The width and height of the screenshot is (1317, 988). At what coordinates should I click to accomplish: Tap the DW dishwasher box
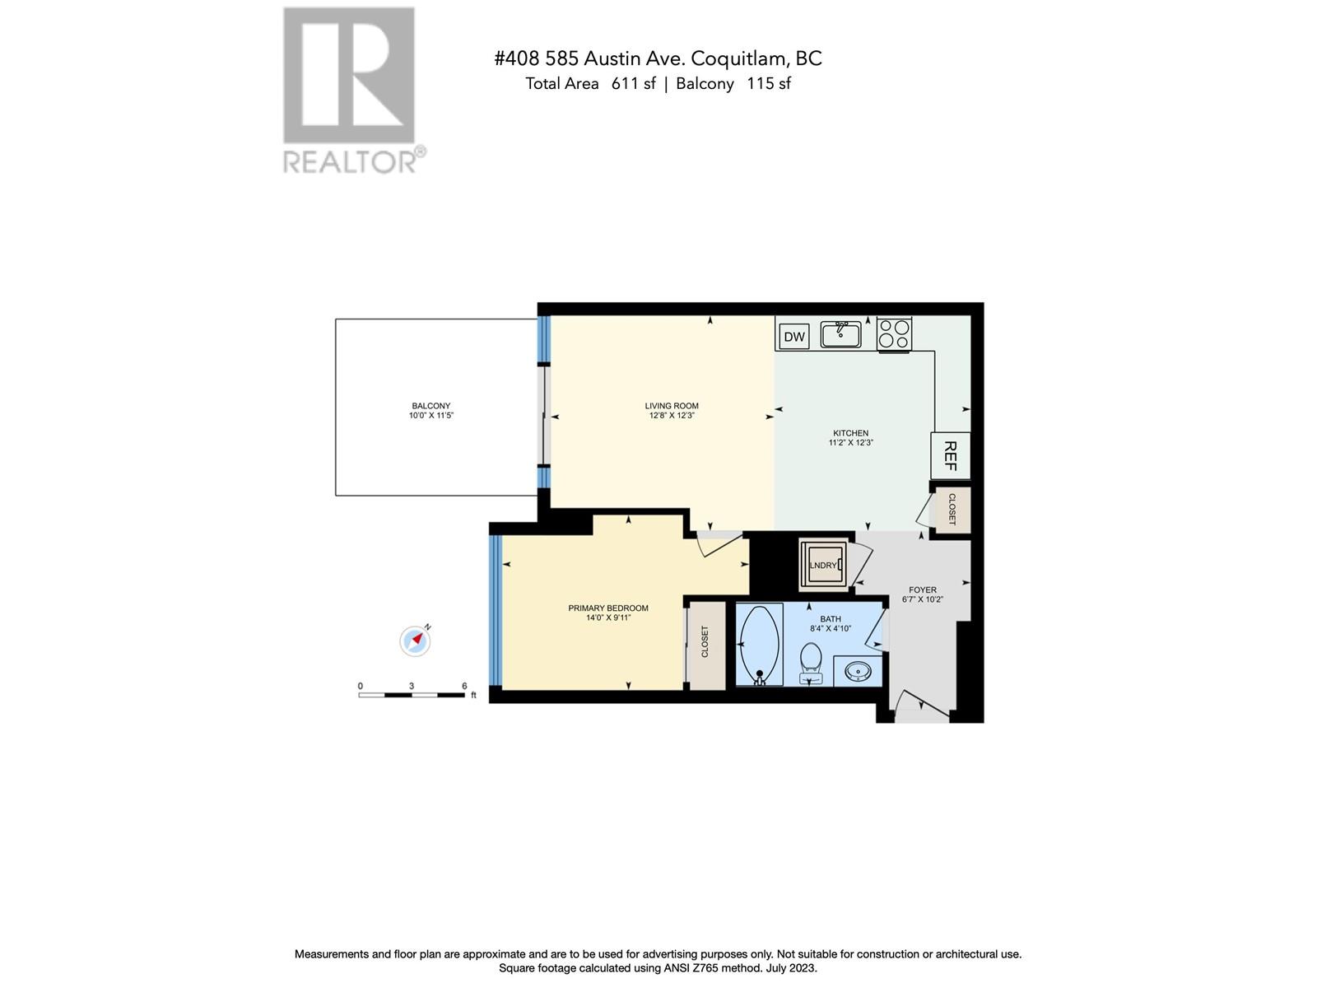point(793,336)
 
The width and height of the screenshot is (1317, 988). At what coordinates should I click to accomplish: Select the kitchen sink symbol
point(840,334)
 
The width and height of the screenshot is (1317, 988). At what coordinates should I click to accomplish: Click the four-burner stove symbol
point(894,334)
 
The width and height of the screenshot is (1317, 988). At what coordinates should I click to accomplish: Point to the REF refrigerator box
point(950,455)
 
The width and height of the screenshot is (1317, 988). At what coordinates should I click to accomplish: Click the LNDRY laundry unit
point(824,565)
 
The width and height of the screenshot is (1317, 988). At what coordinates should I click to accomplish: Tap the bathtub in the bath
point(760,645)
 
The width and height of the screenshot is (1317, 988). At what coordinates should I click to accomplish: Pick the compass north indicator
point(416,641)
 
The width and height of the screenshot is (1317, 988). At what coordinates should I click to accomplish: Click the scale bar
point(412,695)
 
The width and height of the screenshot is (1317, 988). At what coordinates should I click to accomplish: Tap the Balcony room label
point(431,406)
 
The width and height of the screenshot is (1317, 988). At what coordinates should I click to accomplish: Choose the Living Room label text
point(672,406)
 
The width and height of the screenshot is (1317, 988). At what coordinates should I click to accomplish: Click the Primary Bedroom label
point(608,608)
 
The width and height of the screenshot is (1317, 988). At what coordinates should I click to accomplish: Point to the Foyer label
point(923,590)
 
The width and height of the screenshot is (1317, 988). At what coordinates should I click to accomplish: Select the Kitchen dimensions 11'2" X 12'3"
point(851,443)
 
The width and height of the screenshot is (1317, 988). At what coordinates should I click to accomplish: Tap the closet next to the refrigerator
point(952,510)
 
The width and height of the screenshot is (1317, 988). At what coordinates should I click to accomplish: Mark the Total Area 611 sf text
point(590,83)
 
